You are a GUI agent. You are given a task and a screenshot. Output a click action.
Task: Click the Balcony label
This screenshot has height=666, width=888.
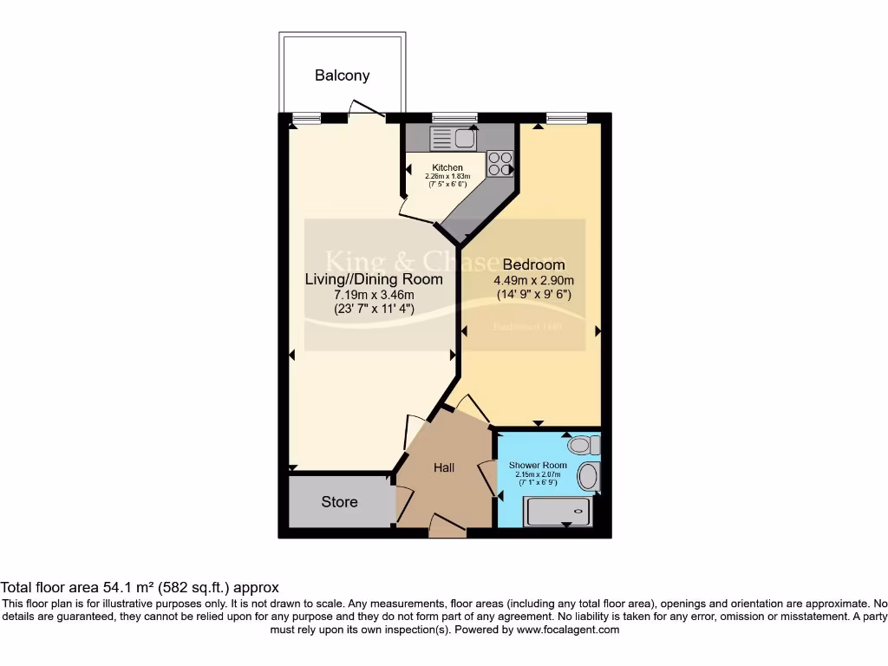pos(342,75)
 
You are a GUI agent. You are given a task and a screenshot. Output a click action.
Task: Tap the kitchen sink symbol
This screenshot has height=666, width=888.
pos(452,137)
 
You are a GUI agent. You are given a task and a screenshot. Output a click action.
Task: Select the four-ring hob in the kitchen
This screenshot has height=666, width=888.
pos(499,164)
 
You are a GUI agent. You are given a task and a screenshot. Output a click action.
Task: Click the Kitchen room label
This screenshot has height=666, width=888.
pos(447,167)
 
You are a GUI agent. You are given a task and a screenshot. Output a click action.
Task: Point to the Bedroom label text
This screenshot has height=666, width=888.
pos(533,264)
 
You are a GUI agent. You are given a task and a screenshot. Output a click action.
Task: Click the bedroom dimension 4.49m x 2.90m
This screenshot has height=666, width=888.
pos(533,280)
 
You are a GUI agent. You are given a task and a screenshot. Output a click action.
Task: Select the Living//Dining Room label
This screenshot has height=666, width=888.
pos(374,279)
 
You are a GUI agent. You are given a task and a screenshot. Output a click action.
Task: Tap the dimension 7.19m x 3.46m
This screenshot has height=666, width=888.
pos(374,295)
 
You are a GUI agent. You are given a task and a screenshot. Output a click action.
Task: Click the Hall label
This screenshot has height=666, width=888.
pos(444,467)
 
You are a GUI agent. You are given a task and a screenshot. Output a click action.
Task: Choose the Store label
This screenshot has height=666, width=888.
pos(339,501)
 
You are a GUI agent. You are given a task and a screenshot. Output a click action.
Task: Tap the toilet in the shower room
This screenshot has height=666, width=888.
pos(580,446)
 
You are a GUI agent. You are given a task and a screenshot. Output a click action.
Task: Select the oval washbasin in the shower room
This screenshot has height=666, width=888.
pos(588,476)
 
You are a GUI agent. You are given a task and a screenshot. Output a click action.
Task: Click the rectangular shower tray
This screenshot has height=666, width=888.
pos(558,512)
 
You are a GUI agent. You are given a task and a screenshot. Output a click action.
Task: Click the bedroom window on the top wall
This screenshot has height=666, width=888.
pos(565,117)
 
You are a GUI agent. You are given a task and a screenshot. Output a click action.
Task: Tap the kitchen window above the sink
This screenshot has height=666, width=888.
pos(454,117)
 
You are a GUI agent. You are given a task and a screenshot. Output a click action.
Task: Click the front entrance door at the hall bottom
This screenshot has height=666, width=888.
pos(447,526)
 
